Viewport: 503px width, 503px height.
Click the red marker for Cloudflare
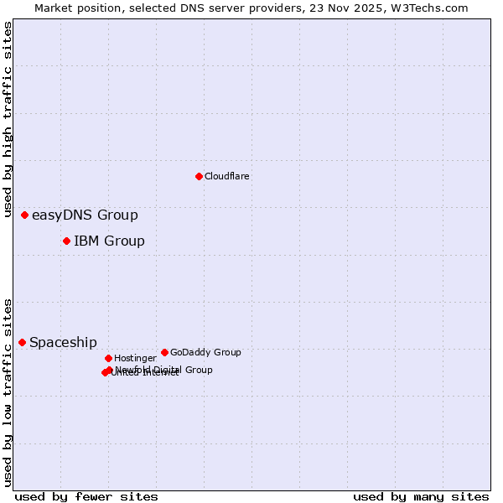coord(199,176)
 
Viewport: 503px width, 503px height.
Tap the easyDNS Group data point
coord(24,215)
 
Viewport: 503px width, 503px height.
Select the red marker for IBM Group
coord(66,241)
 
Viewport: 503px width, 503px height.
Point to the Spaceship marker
coord(22,342)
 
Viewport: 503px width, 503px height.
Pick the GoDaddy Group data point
coord(164,352)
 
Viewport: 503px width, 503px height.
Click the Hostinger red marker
coord(108,358)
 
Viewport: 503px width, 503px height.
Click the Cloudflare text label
coord(226,176)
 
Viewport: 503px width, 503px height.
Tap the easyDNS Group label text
coord(85,215)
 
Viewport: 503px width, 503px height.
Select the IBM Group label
coord(109,241)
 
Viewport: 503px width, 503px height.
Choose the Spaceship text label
coord(63,342)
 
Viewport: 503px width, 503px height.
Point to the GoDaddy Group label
coord(205,352)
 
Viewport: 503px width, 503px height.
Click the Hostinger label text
coord(135,358)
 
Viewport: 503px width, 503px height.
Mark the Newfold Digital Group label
coord(164,369)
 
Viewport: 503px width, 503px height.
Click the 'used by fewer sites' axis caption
coord(86,496)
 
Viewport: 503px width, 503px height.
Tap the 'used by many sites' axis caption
coord(421,496)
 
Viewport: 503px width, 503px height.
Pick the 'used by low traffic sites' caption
coord(8,392)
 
